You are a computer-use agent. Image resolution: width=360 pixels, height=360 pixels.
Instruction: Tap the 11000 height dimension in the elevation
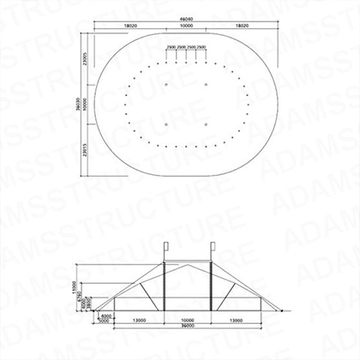pyautogui.click(x=75, y=285)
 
